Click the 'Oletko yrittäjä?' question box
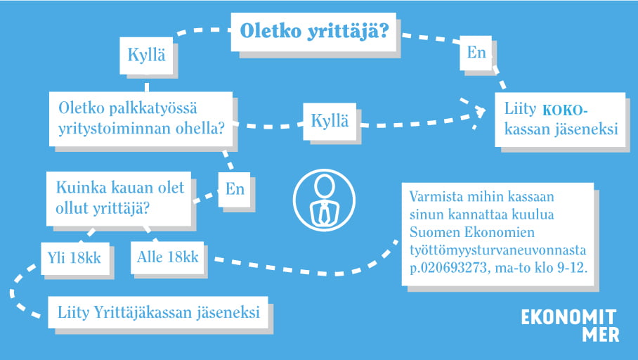pyautogui.click(x=313, y=32)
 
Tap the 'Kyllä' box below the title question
pyautogui.click(x=146, y=56)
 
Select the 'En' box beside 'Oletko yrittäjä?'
pyautogui.click(x=476, y=53)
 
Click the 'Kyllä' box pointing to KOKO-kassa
pyautogui.click(x=330, y=122)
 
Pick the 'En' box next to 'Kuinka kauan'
pyautogui.click(x=235, y=189)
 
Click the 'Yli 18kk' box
pyautogui.click(x=75, y=258)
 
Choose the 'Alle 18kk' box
pyautogui.click(x=167, y=257)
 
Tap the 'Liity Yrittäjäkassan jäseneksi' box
pyautogui.click(x=158, y=312)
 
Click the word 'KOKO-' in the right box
pyautogui.click(x=565, y=110)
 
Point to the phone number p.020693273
pyautogui.click(x=448, y=268)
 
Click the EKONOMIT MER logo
pyautogui.click(x=570, y=325)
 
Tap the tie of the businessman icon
pyautogui.click(x=324, y=213)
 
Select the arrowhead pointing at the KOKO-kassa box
pyautogui.click(x=480, y=112)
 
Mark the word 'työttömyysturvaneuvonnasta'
pyautogui.click(x=497, y=250)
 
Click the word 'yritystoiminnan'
pyautogui.click(x=115, y=129)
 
